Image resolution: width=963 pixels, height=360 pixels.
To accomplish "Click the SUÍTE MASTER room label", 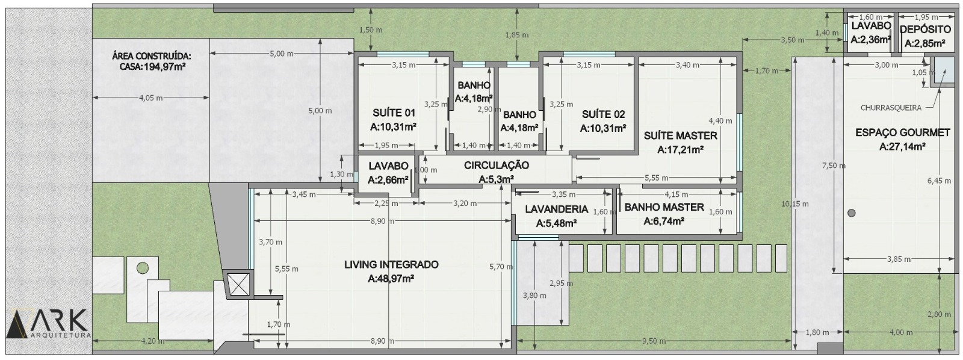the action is pyautogui.click(x=680, y=136).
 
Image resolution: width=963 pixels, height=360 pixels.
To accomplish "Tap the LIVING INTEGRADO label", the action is pyautogui.click(x=391, y=264).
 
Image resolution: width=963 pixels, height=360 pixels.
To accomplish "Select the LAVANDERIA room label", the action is pyautogui.click(x=556, y=209).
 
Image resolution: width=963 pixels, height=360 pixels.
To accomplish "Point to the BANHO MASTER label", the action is pyautogui.click(x=664, y=207).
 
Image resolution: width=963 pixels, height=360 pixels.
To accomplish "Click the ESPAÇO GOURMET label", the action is pyautogui.click(x=902, y=133).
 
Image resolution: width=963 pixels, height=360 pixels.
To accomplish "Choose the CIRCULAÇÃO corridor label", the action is pyautogui.click(x=497, y=165).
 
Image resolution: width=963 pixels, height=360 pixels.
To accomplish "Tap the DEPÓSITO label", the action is pyautogui.click(x=925, y=29).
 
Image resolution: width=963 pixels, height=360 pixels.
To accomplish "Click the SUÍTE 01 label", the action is pyautogui.click(x=394, y=113).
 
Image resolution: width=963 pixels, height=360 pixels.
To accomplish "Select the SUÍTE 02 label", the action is pyautogui.click(x=603, y=114).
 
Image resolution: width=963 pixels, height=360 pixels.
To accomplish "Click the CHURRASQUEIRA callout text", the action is pyautogui.click(x=891, y=108).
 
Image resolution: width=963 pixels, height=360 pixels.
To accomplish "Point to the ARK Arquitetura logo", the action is pyautogui.click(x=49, y=324).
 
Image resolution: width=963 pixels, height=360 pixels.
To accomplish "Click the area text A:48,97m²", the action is pyautogui.click(x=391, y=279).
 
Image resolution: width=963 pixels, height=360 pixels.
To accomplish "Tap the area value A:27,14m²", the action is pyautogui.click(x=902, y=147).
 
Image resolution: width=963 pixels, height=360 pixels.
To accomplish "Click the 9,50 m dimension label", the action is pyautogui.click(x=654, y=341).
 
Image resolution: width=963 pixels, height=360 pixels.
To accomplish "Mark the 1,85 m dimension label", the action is pyautogui.click(x=517, y=35).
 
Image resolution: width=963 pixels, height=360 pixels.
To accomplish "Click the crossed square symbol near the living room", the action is pyautogui.click(x=238, y=284).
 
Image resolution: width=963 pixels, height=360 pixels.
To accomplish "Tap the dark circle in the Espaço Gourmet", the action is pyautogui.click(x=851, y=213).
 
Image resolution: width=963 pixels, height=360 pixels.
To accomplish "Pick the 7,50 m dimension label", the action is pyautogui.click(x=834, y=166).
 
